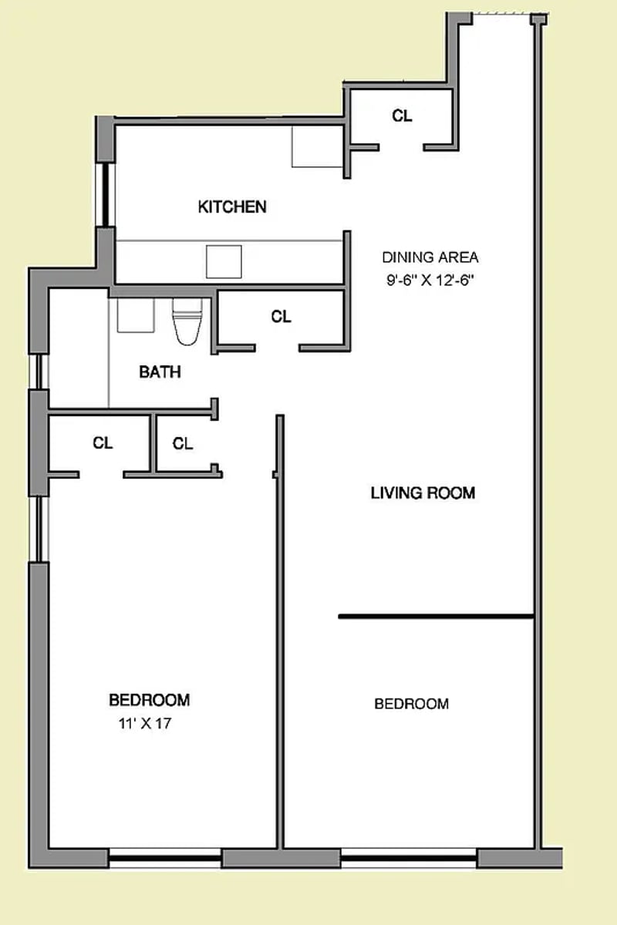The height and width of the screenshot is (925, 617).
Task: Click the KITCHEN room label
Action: pos(232,207)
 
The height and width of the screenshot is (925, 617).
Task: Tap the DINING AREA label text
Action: pos(430,257)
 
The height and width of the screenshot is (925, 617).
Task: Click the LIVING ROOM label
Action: pos(423,493)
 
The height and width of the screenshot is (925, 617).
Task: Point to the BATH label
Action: pos(160,372)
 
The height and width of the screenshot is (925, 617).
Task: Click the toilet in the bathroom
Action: pos(187,319)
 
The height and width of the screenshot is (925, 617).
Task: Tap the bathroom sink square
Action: pos(136,314)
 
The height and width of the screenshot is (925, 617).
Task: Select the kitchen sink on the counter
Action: pos(224,261)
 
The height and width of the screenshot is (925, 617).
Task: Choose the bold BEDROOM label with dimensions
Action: pos(149,700)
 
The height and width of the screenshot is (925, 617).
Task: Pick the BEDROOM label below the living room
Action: pos(411,704)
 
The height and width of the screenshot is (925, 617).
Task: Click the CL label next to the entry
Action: pos(402,116)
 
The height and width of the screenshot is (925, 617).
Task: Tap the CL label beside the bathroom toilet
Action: pos(282,316)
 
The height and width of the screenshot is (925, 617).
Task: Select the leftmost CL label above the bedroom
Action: pos(103,443)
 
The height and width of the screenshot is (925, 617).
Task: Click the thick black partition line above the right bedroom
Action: pos(436,617)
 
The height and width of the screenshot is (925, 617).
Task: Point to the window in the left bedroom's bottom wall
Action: pos(165,856)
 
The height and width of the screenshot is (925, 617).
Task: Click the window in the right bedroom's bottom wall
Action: pos(409,856)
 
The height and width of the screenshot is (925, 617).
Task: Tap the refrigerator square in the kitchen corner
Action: pos(316,146)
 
